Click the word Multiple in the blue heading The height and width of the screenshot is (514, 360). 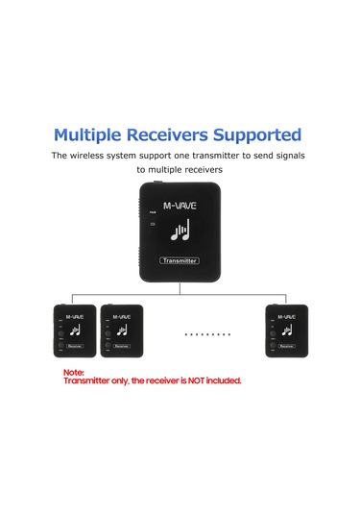point(91,135)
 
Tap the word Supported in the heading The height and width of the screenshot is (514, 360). point(262,135)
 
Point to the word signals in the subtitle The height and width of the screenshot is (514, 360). point(281,155)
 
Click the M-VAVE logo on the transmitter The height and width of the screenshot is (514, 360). point(180,205)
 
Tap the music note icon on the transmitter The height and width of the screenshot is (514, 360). point(180,231)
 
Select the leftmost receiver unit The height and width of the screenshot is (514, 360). point(74,331)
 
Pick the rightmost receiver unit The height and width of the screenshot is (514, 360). point(287,331)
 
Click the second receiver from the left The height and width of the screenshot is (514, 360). point(121,331)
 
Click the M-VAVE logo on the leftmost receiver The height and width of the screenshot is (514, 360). point(76,314)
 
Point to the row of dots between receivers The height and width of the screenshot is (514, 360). point(206,335)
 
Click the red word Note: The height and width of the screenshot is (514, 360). point(74,372)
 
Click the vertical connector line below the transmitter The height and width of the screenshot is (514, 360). point(180,280)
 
